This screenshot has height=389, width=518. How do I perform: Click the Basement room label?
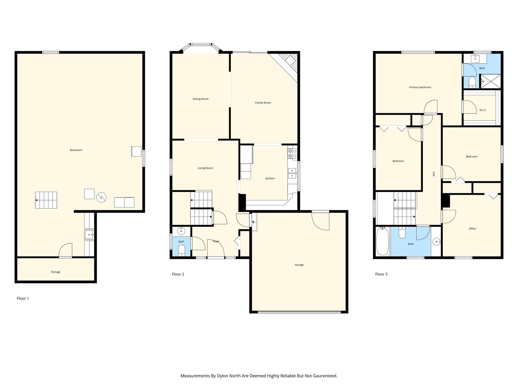[x=76, y=150]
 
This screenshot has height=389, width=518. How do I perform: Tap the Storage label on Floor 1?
[x=56, y=272]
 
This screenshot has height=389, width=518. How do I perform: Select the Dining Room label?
[x=201, y=99]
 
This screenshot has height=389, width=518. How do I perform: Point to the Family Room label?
[x=263, y=103]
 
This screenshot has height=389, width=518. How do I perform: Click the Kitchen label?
[x=270, y=179]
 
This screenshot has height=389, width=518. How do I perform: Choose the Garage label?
[x=299, y=265]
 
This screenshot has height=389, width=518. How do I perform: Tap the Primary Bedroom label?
[x=420, y=87]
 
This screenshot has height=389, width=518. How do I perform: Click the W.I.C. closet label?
[x=483, y=110]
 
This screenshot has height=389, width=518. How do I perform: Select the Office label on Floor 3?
[x=472, y=229]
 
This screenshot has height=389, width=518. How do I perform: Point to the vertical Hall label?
[x=434, y=174]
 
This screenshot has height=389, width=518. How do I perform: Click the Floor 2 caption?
[x=178, y=274]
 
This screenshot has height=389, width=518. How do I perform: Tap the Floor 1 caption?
[x=23, y=299]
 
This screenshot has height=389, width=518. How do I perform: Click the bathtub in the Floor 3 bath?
[x=382, y=241]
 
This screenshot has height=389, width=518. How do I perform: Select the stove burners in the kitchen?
[x=292, y=153]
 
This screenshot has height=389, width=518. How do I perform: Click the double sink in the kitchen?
[x=292, y=173]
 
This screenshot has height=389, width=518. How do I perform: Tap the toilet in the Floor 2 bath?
[x=182, y=250]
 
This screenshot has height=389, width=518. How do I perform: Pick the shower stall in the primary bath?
[x=490, y=81]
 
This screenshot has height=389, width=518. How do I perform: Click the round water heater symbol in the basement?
[x=101, y=197]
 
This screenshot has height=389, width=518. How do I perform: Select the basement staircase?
[x=46, y=200]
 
